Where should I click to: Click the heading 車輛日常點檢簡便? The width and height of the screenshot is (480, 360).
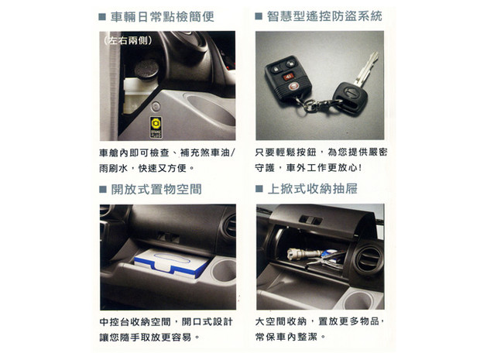[x=163, y=17]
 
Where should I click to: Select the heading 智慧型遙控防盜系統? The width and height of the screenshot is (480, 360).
[x=324, y=16]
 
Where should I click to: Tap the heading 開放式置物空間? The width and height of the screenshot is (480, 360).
[x=156, y=189]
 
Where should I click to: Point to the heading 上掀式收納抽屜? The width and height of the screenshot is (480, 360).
[x=312, y=189]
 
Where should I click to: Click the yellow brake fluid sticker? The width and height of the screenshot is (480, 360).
[x=156, y=128]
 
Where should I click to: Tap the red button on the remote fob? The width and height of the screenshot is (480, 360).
[x=287, y=77]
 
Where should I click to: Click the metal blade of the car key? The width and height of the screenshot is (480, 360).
[x=367, y=69]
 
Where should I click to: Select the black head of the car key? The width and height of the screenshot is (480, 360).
[x=350, y=98]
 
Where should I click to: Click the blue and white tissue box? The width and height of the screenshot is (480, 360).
[x=172, y=262]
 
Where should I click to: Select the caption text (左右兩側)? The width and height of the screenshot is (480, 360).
[x=128, y=40]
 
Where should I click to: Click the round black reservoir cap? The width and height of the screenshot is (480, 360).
[x=146, y=70]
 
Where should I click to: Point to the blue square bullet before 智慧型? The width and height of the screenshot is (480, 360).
[x=259, y=16]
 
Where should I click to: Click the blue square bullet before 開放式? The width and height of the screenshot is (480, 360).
[x=102, y=189]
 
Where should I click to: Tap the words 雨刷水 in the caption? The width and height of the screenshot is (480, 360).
[x=113, y=168]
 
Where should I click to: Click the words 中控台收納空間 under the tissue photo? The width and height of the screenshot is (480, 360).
[x=135, y=322]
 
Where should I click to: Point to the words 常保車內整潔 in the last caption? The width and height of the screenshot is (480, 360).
[x=286, y=337]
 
